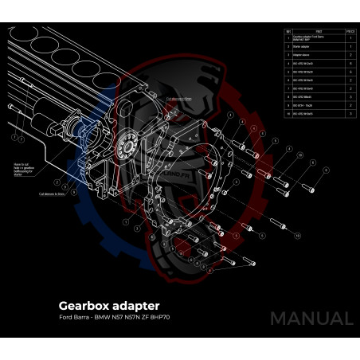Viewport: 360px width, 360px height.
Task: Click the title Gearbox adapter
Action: pos(109,305)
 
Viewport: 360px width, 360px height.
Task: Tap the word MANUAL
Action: pos(311,319)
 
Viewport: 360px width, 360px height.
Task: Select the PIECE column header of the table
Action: pos(350,31)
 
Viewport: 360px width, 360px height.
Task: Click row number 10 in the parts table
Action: pos(288,114)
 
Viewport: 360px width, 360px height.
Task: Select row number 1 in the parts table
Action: pos(288,38)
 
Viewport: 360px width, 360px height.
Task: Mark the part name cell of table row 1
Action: pos(308,38)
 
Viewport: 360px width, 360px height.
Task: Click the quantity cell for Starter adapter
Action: pos(350,47)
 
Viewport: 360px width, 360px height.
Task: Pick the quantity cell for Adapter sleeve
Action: pos(350,55)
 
